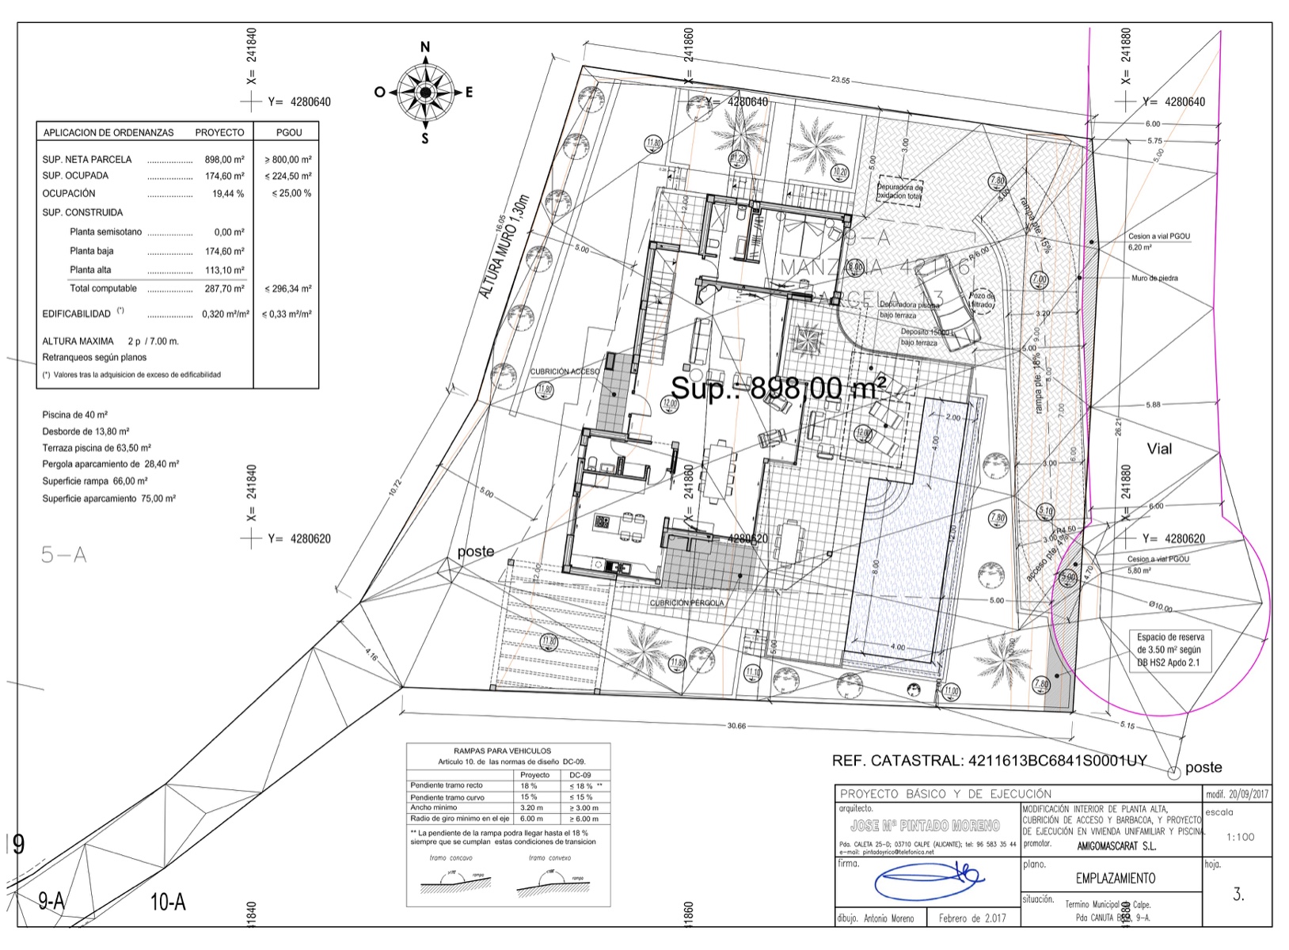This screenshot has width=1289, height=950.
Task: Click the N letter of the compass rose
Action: pos(425,47)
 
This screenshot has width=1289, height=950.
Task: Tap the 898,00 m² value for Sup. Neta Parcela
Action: pos(224,159)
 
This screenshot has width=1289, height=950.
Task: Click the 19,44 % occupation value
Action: pos(228,194)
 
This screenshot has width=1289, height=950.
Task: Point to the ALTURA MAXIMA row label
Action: pos(78,341)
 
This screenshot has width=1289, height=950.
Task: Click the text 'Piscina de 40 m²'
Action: pos(75,415)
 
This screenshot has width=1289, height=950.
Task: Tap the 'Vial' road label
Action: pos(1159,449)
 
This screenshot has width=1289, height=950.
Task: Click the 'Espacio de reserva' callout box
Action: pos(1170,650)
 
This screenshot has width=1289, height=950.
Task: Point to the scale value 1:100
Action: pos(1239,837)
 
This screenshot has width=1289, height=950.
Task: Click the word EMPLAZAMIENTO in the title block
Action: pos(1115,878)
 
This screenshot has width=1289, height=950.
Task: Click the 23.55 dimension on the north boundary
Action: pos(840,80)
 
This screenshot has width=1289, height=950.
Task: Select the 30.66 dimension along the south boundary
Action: pos(736,726)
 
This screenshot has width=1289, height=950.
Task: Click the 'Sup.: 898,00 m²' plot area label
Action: pos(778,389)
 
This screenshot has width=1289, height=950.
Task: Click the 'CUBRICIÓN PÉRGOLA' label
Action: pos(686,603)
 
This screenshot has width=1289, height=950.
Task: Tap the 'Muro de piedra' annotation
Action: pos(1154,279)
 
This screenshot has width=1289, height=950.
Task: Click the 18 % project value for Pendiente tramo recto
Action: pos(529,786)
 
